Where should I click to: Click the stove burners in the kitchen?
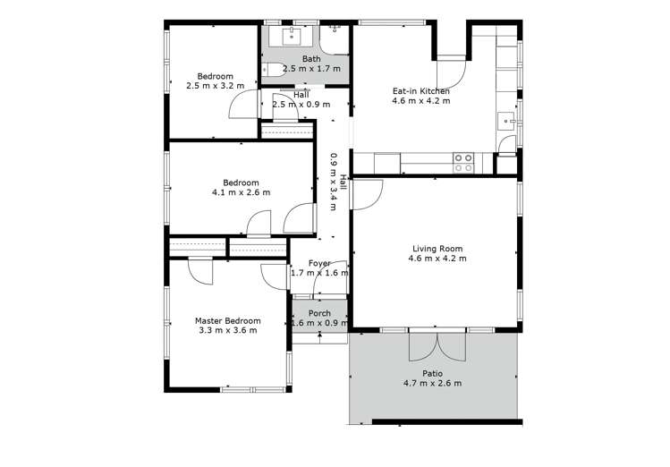click(463, 162)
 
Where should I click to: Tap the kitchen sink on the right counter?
click(506, 123)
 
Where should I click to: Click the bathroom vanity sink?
click(290, 36)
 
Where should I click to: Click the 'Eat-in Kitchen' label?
click(420, 90)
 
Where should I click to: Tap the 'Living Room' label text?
click(437, 248)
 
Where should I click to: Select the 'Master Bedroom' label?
click(227, 320)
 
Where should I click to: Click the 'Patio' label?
click(432, 373)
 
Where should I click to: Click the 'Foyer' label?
click(319, 263)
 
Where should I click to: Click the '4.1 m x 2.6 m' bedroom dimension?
click(241, 192)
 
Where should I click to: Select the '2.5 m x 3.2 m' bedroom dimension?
click(215, 86)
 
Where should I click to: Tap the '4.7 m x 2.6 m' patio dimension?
click(432, 384)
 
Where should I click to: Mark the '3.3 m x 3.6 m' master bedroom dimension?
click(227, 330)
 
